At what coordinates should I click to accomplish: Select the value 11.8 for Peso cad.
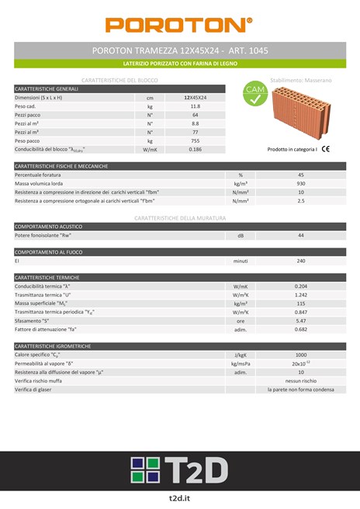195,106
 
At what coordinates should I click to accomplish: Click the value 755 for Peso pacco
195,140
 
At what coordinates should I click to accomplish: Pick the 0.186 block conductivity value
195,149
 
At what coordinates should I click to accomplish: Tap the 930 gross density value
301,184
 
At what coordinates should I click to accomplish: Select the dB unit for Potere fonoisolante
241,235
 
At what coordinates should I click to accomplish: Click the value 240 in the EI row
301,261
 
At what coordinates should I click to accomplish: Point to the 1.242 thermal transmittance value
301,295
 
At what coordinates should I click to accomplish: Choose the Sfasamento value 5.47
301,320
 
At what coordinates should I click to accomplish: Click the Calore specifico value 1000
301,355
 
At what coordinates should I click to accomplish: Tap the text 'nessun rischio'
301,381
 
